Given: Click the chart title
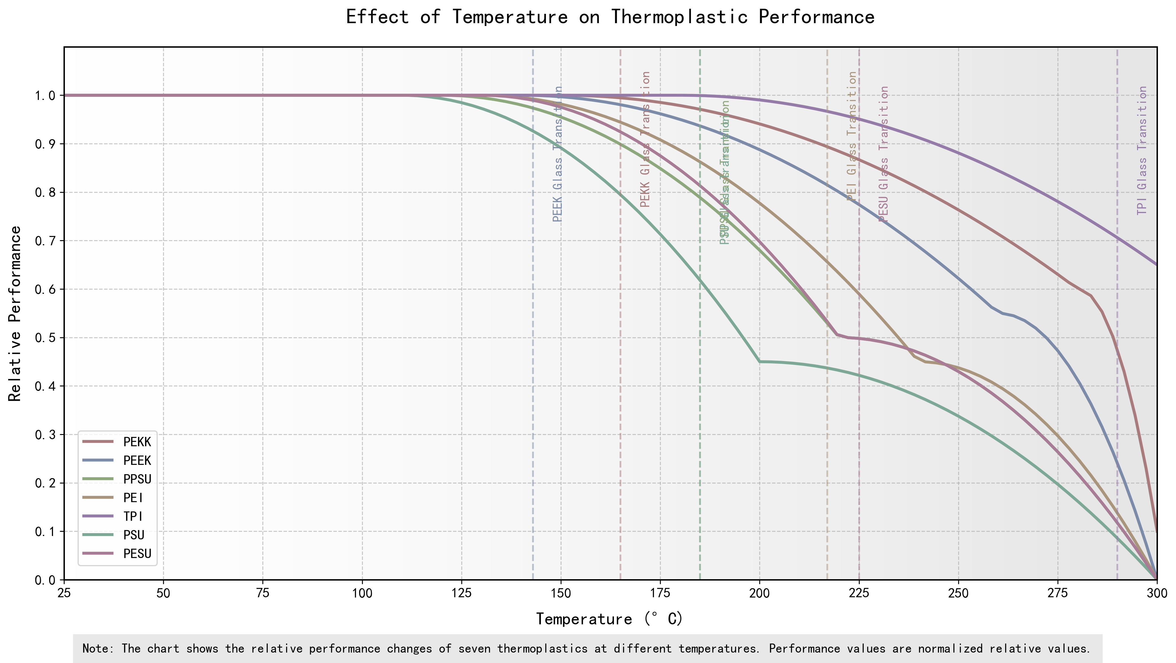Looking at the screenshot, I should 610,17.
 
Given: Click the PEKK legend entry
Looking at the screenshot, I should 137,442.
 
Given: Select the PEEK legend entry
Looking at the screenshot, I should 137,461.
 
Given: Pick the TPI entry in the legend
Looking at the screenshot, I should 133,517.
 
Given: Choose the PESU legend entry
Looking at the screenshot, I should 137,554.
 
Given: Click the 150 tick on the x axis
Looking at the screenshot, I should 561,593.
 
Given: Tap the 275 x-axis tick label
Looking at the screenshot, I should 1058,593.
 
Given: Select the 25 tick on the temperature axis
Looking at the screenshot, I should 64,593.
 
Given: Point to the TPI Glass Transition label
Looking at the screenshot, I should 1142,151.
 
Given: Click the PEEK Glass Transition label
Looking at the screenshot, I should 558,154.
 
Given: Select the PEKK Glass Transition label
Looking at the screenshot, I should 645,139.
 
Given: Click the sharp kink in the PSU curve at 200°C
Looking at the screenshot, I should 760,362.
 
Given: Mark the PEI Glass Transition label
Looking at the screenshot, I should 852,136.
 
